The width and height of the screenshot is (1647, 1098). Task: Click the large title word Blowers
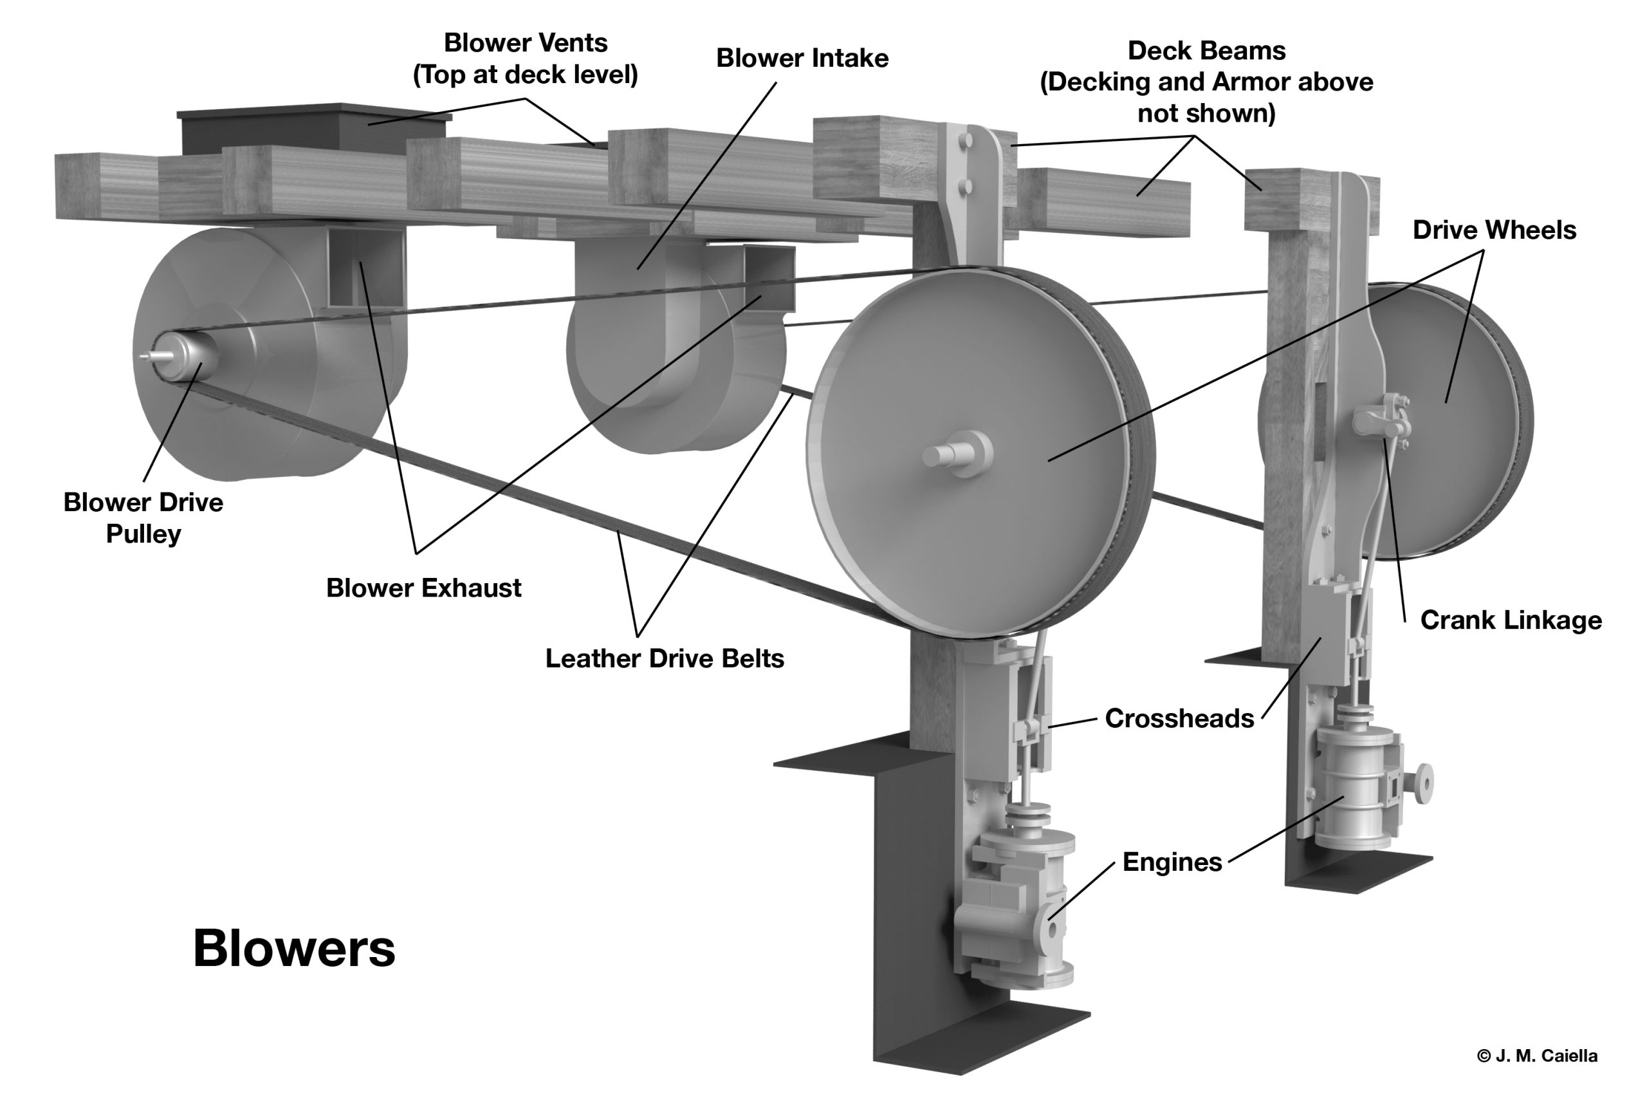[x=294, y=949]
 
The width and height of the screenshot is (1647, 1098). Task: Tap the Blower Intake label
[x=802, y=58]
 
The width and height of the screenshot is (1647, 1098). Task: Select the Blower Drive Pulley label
[x=143, y=517]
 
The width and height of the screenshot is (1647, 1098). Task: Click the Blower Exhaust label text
[x=423, y=588]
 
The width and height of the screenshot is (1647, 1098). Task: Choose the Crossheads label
[x=1179, y=718]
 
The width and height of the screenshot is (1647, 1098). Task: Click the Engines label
[x=1172, y=862]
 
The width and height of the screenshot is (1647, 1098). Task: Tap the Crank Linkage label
[x=1511, y=620]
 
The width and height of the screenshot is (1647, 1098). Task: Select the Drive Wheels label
[x=1494, y=230]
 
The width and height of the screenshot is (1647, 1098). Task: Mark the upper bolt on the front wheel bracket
[x=966, y=142]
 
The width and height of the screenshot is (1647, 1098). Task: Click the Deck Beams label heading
[x=1206, y=51]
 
